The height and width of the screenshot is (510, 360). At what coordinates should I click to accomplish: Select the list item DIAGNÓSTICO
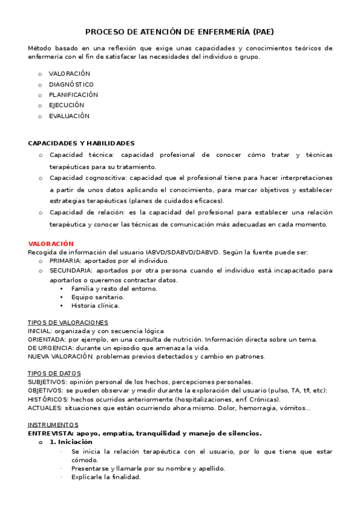click(71, 84)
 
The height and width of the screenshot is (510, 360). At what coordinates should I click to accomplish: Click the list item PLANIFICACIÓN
click(73, 94)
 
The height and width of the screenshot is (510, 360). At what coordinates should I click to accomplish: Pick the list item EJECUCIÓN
click(67, 105)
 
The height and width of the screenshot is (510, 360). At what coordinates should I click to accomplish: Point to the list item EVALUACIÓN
click(69, 115)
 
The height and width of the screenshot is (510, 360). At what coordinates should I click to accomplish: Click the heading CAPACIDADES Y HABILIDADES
click(81, 143)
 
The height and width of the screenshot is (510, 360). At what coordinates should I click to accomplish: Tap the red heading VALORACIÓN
click(50, 244)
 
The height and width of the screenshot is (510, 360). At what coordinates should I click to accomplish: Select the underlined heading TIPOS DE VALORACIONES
click(68, 322)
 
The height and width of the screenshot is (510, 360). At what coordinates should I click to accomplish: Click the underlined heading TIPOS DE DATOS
click(54, 373)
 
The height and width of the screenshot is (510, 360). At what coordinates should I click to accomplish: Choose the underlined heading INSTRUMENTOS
click(53, 424)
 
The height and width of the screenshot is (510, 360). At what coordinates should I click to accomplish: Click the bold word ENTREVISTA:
click(50, 432)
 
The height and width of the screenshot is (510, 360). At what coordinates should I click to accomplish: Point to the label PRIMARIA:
click(66, 261)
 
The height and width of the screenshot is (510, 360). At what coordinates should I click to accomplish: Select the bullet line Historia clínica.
click(95, 305)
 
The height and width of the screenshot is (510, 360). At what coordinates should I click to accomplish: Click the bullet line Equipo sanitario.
click(97, 296)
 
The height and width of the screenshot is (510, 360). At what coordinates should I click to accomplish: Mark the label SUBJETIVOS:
click(47, 381)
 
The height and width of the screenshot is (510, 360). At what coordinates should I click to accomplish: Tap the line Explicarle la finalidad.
click(106, 477)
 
